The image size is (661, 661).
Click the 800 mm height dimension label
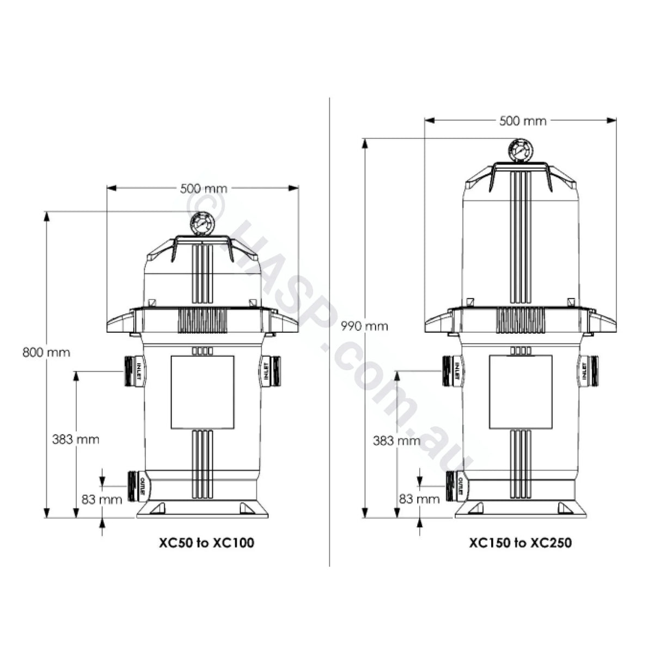coord(46,352)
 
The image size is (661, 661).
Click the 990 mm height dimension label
coord(364,326)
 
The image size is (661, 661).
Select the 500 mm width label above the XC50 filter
coord(203,188)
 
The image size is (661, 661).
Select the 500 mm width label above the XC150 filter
coord(522,121)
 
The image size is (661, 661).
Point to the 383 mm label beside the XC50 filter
coord(76,439)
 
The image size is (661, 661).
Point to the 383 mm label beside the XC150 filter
coord(396,440)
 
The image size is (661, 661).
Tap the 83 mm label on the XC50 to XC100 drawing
coord(101,498)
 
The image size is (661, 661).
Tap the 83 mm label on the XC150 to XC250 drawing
coord(419,498)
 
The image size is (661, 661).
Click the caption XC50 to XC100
coord(206,543)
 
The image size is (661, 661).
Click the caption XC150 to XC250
coord(520,543)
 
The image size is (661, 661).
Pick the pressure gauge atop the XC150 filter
coord(519,150)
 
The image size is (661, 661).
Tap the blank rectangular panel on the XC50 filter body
coord(203,392)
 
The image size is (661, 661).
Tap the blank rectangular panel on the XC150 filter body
coord(521,392)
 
